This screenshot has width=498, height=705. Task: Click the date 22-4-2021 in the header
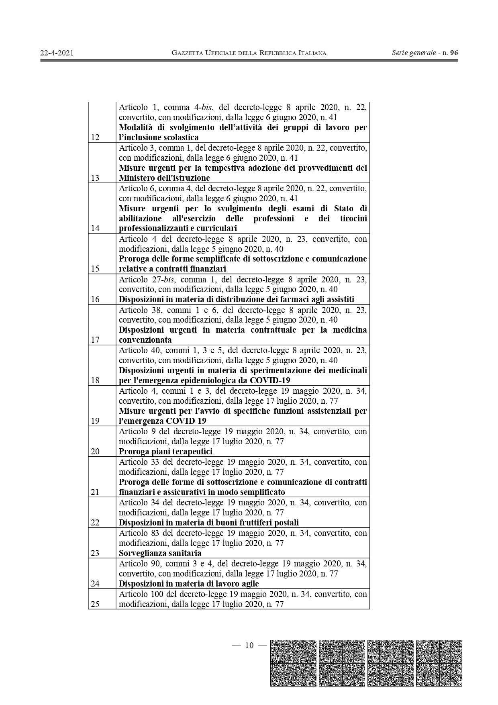pyautogui.click(x=57, y=53)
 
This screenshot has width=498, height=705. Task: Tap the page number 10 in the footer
pyautogui.click(x=249, y=645)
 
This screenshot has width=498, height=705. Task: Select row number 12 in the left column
pyautogui.click(x=95, y=137)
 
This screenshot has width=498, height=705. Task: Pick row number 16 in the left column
pyautogui.click(x=95, y=299)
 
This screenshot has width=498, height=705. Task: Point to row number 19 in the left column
pyautogui.click(x=95, y=421)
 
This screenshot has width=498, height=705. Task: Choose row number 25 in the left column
pyautogui.click(x=95, y=604)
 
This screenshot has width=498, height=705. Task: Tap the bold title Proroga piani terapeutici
pyautogui.click(x=165, y=452)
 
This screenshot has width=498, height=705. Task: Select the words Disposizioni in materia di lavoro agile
pyautogui.click(x=189, y=584)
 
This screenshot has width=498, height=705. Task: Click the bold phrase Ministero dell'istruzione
pyautogui.click(x=164, y=178)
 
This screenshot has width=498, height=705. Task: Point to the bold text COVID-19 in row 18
pyautogui.click(x=270, y=380)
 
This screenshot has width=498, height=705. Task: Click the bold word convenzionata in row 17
pyautogui.click(x=145, y=340)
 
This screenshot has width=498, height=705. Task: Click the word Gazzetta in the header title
pyautogui.click(x=187, y=53)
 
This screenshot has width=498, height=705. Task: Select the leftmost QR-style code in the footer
pyautogui.click(x=293, y=663)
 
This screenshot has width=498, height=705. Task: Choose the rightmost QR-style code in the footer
pyautogui.click(x=439, y=663)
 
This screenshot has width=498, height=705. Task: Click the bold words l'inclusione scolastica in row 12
pyautogui.click(x=159, y=137)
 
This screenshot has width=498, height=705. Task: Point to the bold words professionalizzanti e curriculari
pyautogui.click(x=178, y=228)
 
